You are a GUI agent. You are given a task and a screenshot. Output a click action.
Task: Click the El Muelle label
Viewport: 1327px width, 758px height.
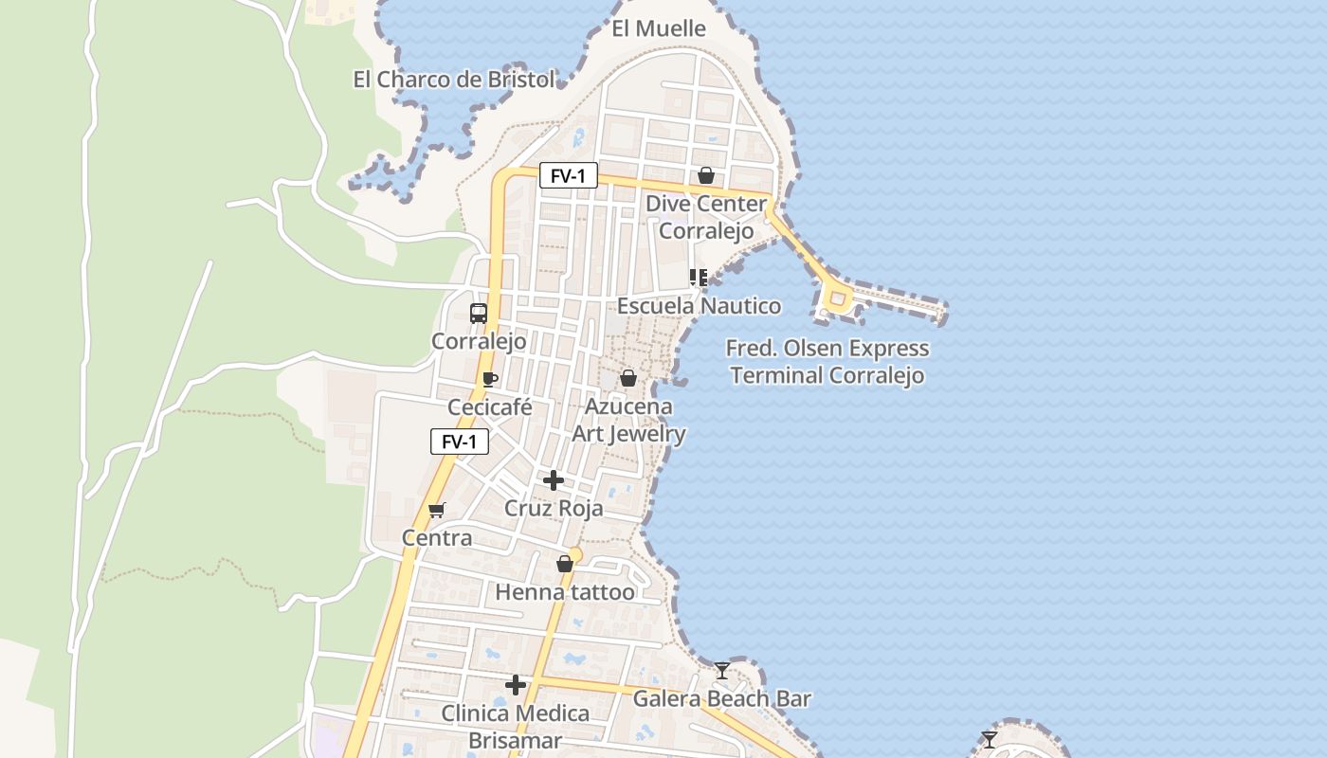(x=659, y=28)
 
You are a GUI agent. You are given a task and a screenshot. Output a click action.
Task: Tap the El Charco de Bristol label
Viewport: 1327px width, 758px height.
(x=454, y=80)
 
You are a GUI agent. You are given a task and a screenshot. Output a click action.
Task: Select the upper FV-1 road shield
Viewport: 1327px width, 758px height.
(x=569, y=175)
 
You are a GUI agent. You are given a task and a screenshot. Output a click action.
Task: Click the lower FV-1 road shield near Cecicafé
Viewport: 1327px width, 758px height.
(x=460, y=442)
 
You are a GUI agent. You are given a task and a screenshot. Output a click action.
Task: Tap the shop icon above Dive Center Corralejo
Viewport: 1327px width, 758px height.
(x=706, y=175)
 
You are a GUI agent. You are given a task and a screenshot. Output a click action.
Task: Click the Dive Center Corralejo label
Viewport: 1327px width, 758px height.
(x=706, y=217)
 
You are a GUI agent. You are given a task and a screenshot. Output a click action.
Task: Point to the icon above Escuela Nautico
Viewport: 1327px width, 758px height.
(x=699, y=278)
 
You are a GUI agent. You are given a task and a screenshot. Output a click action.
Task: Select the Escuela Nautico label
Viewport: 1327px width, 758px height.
(x=700, y=306)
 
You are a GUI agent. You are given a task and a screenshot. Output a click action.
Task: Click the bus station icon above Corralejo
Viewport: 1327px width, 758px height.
(x=479, y=314)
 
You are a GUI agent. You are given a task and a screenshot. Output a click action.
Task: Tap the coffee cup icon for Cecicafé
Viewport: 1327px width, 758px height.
(x=490, y=380)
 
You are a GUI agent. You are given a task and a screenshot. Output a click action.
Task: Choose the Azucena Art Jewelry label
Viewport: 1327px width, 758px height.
(x=628, y=421)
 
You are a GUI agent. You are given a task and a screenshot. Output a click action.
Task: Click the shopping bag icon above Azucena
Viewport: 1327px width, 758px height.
(x=627, y=379)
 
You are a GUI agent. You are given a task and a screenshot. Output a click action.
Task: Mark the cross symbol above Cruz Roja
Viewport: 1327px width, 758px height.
(x=554, y=480)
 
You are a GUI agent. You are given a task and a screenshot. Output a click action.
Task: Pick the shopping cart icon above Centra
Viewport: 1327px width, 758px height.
(x=436, y=511)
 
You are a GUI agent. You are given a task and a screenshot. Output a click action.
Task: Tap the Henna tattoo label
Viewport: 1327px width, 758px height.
(x=565, y=593)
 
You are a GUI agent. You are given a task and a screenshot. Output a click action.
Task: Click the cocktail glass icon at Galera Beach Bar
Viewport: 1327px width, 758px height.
(x=722, y=671)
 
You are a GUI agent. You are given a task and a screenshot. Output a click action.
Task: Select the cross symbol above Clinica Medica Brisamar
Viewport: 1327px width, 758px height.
(x=516, y=684)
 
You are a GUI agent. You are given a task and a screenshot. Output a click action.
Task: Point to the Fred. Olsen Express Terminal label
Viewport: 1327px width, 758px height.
(x=827, y=362)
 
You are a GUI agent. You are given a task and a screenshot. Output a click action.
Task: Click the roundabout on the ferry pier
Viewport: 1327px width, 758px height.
(x=837, y=299)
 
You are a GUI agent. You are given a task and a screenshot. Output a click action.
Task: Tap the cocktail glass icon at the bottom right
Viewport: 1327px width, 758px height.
(x=990, y=739)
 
